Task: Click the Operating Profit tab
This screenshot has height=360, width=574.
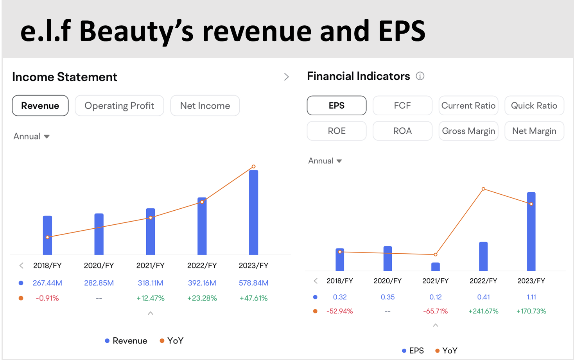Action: pos(119,106)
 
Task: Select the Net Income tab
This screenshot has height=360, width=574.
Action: pos(205,106)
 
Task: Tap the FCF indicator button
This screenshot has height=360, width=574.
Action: pos(402,106)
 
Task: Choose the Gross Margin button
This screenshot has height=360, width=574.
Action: pos(468,131)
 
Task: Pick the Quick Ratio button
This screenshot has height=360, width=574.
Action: pos(534,106)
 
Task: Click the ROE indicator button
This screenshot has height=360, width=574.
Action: pos(337,131)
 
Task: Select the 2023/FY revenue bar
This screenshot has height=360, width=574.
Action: pos(254,212)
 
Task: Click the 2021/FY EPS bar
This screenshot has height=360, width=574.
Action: pos(436,267)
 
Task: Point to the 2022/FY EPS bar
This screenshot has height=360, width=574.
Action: pos(484,256)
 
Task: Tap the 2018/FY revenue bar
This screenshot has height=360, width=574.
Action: pos(47,235)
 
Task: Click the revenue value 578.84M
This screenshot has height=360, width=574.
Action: pos(254,283)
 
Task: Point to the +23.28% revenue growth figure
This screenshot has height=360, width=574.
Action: pos(202,298)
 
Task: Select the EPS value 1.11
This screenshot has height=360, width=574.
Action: pos(531,297)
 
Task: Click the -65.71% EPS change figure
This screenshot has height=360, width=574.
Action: pos(436,311)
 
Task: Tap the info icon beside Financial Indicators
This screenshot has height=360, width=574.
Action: pos(420,76)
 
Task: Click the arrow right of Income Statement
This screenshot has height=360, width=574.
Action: pos(287,77)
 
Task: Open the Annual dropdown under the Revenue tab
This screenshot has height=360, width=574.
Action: pos(32,136)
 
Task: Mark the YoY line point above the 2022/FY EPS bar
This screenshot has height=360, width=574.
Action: pos(484,189)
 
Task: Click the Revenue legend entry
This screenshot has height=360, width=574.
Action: pos(126,341)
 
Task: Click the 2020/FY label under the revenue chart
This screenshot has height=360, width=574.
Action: pos(99,265)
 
